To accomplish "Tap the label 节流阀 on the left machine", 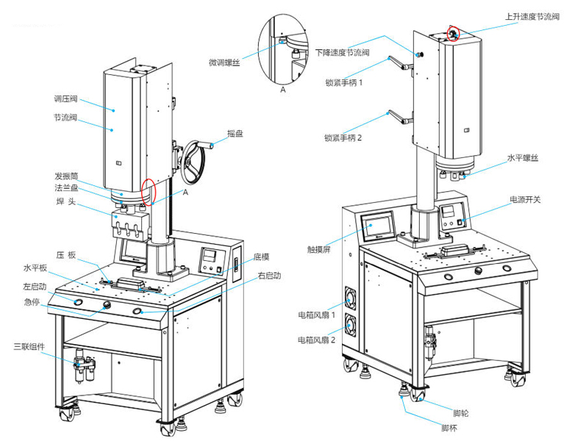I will click(x=65, y=117).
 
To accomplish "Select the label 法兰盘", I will click(x=65, y=189).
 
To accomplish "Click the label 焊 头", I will click(x=65, y=201).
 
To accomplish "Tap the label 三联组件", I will click(x=29, y=345).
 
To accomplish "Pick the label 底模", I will click(x=262, y=257).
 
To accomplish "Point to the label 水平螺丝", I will click(x=523, y=157).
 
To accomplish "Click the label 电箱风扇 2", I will click(x=317, y=340).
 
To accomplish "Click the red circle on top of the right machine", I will click(x=454, y=32).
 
